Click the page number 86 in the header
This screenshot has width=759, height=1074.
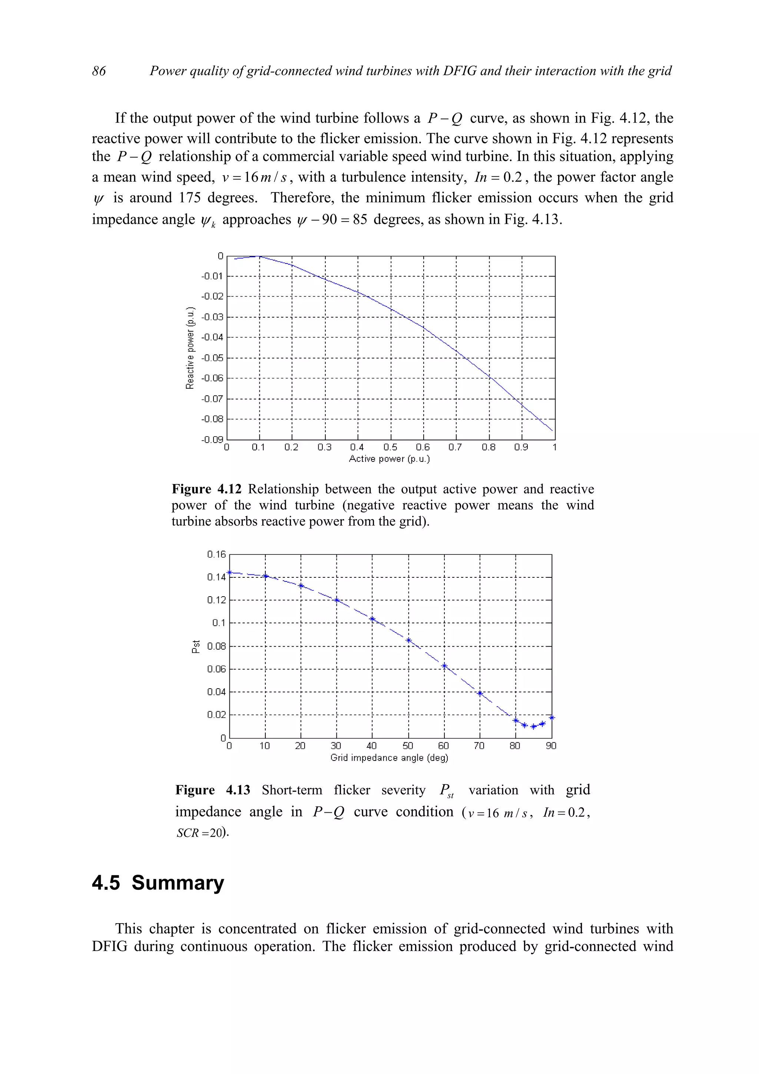[99, 71]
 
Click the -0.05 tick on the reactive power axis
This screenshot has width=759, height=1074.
[212, 358]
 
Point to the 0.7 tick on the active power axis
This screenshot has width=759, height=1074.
[455, 448]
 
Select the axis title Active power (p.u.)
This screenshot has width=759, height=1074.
[389, 459]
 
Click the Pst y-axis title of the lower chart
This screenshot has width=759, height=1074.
[196, 646]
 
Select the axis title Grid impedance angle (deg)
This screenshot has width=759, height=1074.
[389, 758]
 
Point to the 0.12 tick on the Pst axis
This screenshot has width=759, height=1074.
[216, 600]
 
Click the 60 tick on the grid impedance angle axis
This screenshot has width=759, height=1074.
[443, 746]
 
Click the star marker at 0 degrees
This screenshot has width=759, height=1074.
[230, 573]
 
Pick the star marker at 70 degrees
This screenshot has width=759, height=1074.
[480, 693]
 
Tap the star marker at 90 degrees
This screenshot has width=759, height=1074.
[552, 717]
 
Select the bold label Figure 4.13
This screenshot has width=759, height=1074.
[212, 790]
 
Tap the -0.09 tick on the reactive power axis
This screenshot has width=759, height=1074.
[212, 440]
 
